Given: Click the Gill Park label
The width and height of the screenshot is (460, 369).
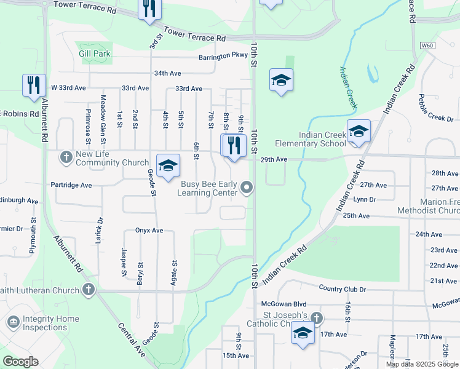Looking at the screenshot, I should pos(95,54).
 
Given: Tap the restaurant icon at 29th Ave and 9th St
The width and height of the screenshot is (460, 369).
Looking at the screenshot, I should pos(234,146).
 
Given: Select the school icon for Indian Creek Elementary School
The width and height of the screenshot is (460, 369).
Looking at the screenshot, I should pos(359,132).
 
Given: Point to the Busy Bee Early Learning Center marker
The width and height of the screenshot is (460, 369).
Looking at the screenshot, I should pos(247,188).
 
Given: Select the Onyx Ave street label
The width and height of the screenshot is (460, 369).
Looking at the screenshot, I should pos(149,231).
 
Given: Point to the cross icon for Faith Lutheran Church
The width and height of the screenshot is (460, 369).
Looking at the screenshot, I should pos(89,289).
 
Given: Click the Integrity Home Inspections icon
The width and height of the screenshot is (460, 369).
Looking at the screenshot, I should pos(12,322).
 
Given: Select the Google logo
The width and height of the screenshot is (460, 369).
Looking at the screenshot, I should pos(20,362).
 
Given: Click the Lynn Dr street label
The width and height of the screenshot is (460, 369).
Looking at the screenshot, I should pos(365,199).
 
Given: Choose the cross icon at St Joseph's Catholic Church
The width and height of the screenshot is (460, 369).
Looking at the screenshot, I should pos(316,318).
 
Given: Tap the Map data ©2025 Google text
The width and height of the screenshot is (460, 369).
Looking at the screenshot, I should pos(421,364).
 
